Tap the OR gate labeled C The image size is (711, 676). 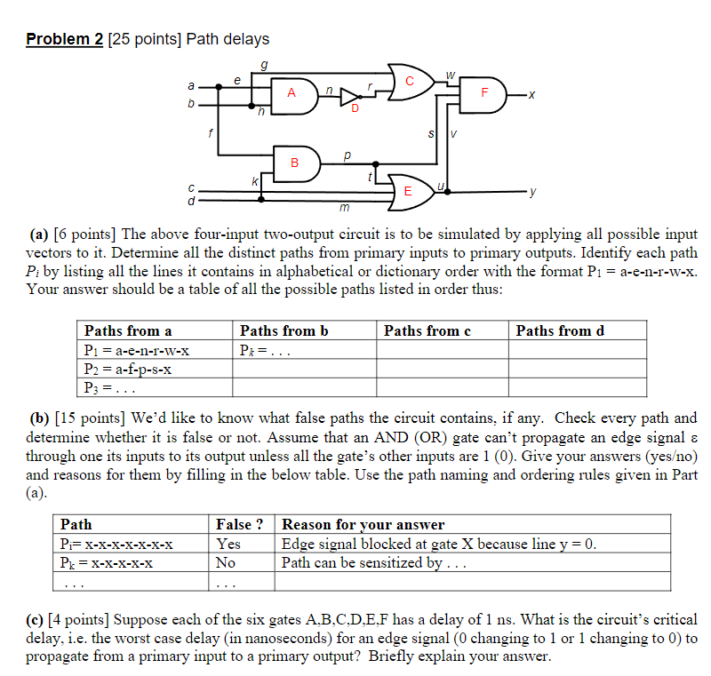tap(411, 81)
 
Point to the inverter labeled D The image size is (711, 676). tap(354, 97)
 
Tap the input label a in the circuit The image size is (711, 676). tap(189, 86)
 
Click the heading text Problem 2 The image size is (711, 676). tap(65, 39)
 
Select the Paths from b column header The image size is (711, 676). tap(284, 331)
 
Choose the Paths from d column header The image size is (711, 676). tap(559, 331)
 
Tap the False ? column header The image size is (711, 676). tap(240, 525)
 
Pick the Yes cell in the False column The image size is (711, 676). tap(228, 544)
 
